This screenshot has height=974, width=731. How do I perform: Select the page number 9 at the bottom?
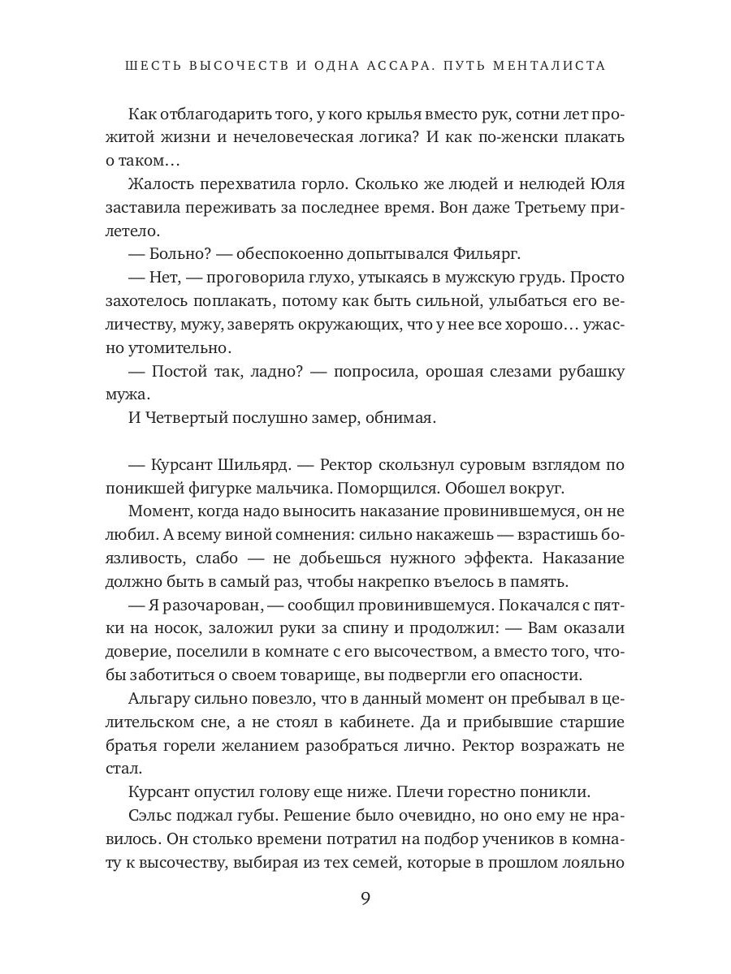pyautogui.click(x=365, y=899)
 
